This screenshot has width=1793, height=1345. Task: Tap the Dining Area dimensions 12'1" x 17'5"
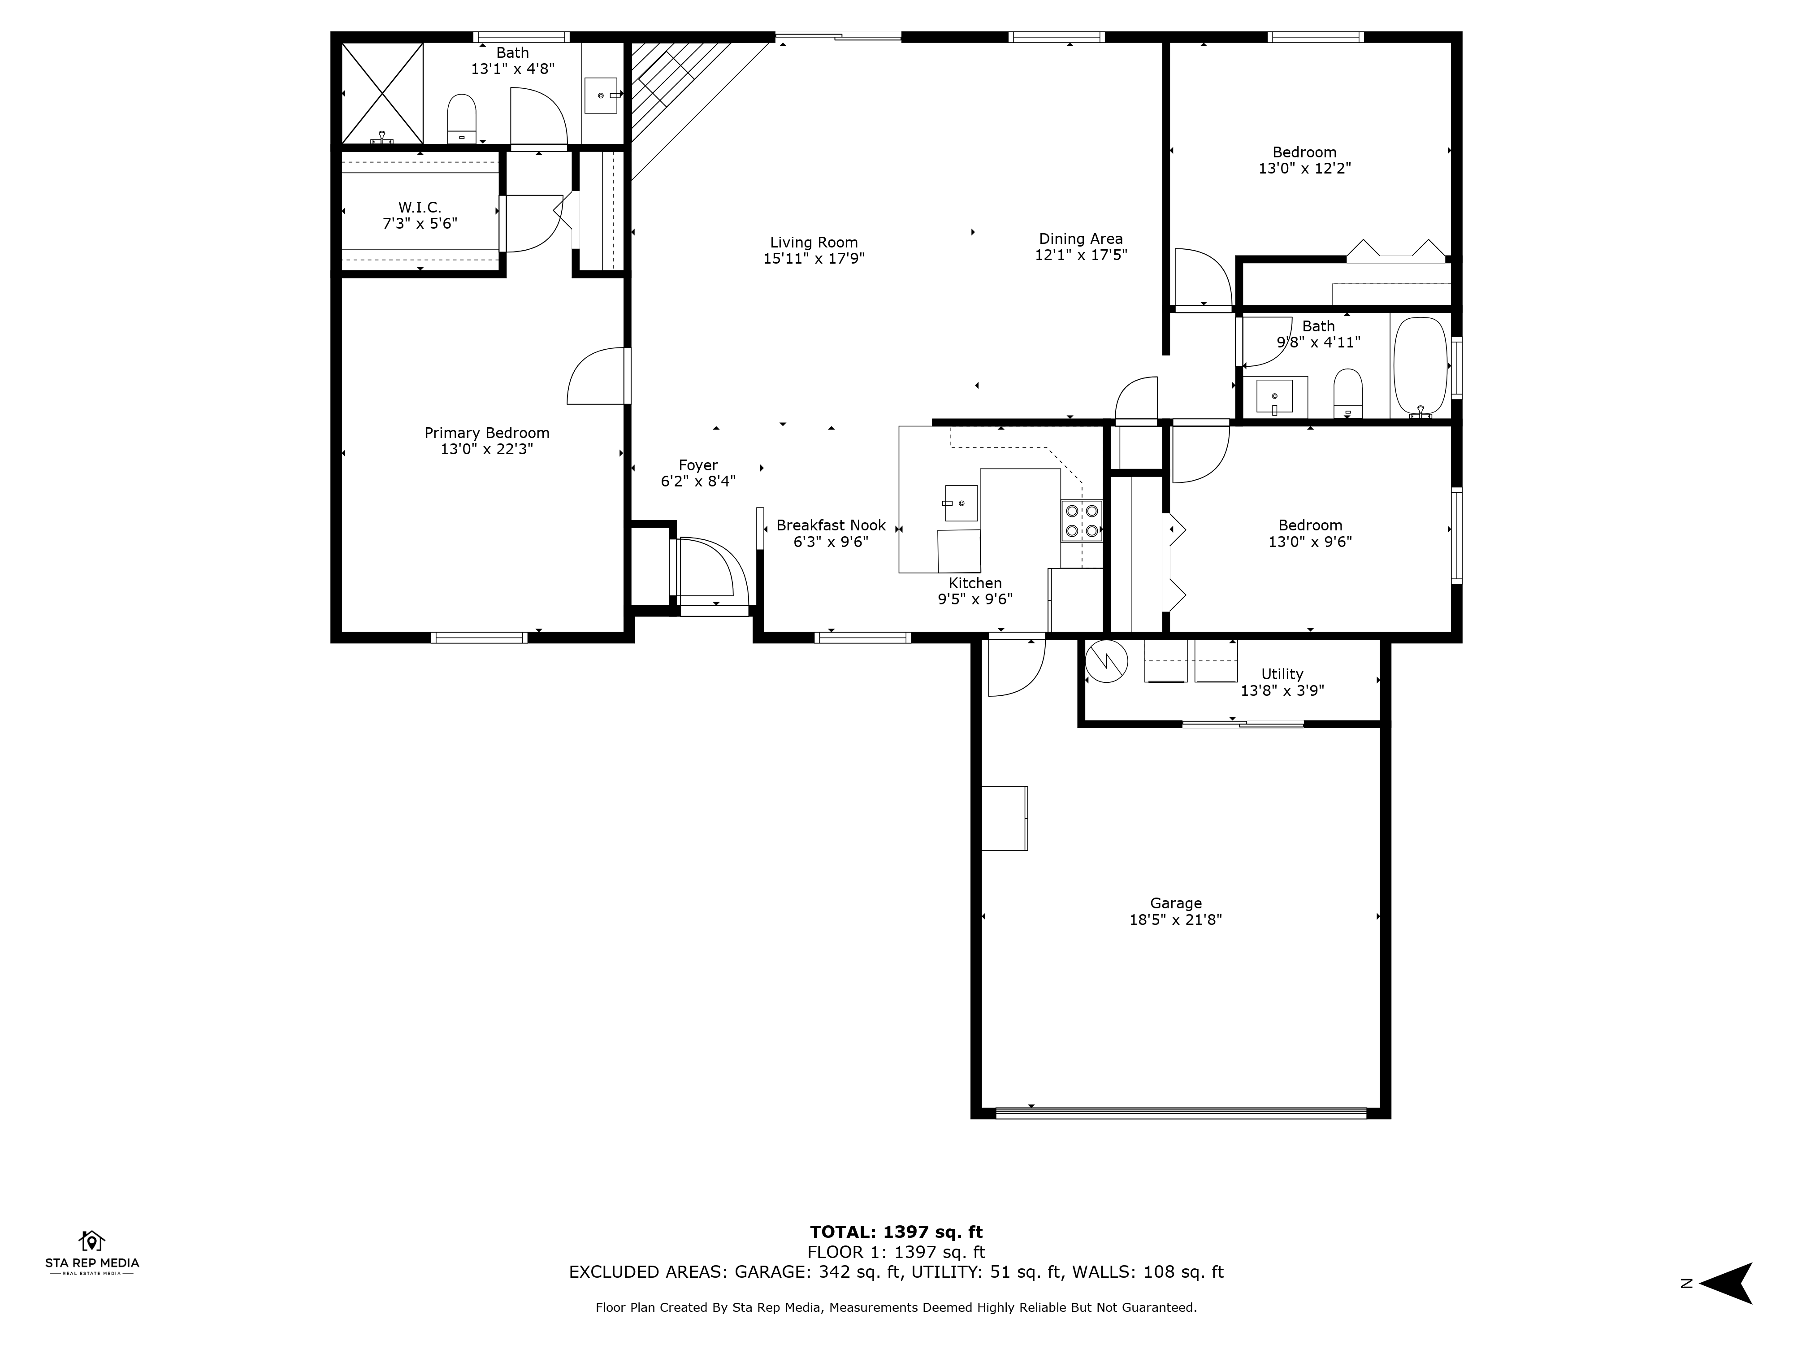(1080, 255)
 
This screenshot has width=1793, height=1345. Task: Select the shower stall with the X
(382, 93)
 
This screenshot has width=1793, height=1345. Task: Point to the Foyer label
(698, 465)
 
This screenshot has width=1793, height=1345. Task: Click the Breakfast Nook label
(831, 525)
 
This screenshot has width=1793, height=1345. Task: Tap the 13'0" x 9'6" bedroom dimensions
(1310, 542)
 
